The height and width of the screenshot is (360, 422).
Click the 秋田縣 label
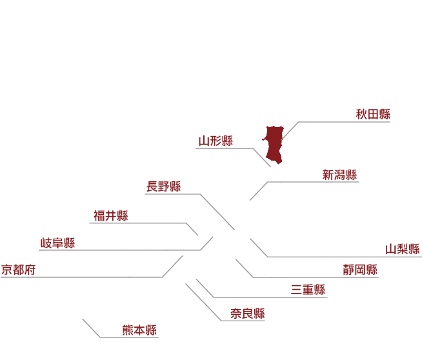click(x=373, y=114)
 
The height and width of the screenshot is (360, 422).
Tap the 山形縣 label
click(x=216, y=141)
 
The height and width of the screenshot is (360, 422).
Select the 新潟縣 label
click(x=339, y=175)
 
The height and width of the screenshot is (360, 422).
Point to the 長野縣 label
click(x=164, y=186)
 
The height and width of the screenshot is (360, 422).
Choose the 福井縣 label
click(x=111, y=215)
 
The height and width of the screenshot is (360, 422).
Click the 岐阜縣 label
click(x=57, y=243)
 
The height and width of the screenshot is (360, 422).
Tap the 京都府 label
click(x=18, y=270)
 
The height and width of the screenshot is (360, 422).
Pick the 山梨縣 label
click(x=403, y=249)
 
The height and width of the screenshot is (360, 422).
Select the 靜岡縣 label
click(x=360, y=270)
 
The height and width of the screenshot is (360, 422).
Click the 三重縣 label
click(x=308, y=290)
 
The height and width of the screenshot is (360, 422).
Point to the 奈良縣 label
click(x=248, y=314)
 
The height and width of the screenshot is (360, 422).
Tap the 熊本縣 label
click(x=139, y=330)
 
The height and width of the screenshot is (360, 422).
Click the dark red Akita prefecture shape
click(x=273, y=145)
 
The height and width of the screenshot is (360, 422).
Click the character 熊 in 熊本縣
click(x=128, y=330)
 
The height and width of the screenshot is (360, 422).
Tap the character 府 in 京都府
click(x=30, y=270)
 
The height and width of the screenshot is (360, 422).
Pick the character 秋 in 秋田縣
click(x=361, y=114)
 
